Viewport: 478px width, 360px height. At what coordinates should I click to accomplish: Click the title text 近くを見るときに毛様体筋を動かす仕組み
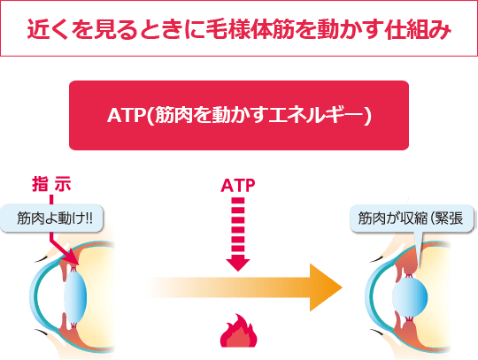[x=238, y=30]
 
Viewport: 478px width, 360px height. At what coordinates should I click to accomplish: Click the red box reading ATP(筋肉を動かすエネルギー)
[x=238, y=116]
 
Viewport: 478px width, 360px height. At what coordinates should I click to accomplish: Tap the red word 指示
[x=50, y=185]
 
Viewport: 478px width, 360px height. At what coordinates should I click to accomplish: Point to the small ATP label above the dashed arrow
[x=238, y=187]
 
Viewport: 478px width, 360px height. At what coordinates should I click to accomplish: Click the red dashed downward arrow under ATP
[x=238, y=230]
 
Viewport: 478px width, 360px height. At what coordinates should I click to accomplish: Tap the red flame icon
[x=238, y=333]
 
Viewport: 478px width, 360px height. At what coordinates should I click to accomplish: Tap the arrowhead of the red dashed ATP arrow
[x=238, y=263]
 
